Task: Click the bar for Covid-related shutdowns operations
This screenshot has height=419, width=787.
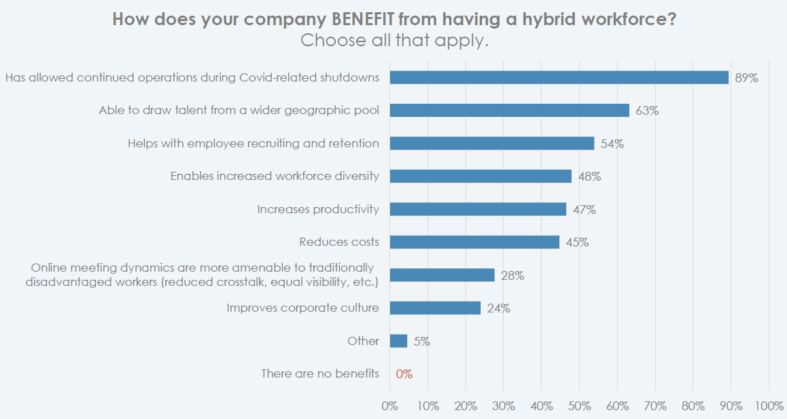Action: (559, 77)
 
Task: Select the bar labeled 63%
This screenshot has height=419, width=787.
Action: (510, 110)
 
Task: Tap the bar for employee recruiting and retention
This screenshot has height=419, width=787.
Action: (492, 143)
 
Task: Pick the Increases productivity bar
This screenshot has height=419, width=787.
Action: (478, 209)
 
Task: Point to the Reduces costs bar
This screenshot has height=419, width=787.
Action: (474, 242)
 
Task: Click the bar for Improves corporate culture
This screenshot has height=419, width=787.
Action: (435, 308)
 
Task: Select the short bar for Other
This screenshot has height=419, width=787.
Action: (398, 341)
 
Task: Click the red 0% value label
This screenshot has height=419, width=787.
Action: (404, 374)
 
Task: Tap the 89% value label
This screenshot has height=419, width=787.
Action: (746, 78)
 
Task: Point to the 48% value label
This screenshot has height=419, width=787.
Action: (589, 177)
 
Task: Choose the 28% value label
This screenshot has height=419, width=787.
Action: (512, 276)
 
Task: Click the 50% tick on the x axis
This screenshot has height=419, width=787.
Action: (579, 406)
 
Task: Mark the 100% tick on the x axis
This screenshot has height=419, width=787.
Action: (769, 406)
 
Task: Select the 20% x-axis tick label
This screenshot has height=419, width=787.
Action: (466, 406)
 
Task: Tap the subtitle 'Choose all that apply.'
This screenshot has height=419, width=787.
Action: (394, 41)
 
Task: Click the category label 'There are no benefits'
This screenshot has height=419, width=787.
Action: (320, 374)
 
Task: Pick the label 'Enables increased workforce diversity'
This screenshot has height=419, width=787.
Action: (275, 176)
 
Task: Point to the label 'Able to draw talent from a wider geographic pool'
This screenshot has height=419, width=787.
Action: (239, 110)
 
